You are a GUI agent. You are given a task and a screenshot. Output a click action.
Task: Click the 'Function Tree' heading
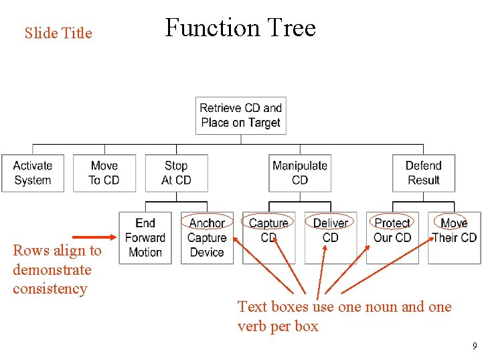tap(240, 28)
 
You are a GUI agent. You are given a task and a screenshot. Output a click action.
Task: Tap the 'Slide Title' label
tap(58, 33)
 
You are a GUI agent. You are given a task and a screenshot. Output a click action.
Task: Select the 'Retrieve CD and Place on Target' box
tap(240, 115)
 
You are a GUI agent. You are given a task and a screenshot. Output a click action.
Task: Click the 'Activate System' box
tap(32, 173)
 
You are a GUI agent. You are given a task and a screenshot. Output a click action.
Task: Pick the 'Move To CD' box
tap(104, 173)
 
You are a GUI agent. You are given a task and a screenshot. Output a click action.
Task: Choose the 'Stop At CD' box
tap(176, 173)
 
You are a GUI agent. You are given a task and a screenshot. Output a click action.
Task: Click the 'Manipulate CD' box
tap(300, 173)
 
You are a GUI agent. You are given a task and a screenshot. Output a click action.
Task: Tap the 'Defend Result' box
tap(424, 173)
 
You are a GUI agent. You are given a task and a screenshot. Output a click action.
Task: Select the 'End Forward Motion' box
tap(145, 238)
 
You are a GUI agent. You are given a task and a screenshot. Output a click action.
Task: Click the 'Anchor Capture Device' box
tap(207, 238)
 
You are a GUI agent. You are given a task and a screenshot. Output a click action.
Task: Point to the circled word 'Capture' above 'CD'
tap(268, 223)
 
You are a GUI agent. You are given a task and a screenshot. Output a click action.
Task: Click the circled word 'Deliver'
tap(331, 223)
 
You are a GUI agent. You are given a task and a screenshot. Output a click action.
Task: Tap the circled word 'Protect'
tap(392, 223)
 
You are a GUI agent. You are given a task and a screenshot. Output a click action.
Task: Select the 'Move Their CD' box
tap(455, 238)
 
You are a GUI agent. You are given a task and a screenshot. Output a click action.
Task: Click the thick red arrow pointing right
tap(94, 237)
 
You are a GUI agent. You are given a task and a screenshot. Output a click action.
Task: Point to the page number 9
tap(474, 347)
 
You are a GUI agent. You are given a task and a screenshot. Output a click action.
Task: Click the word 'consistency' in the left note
tap(50, 289)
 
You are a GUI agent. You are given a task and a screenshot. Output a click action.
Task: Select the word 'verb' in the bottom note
tap(254, 326)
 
